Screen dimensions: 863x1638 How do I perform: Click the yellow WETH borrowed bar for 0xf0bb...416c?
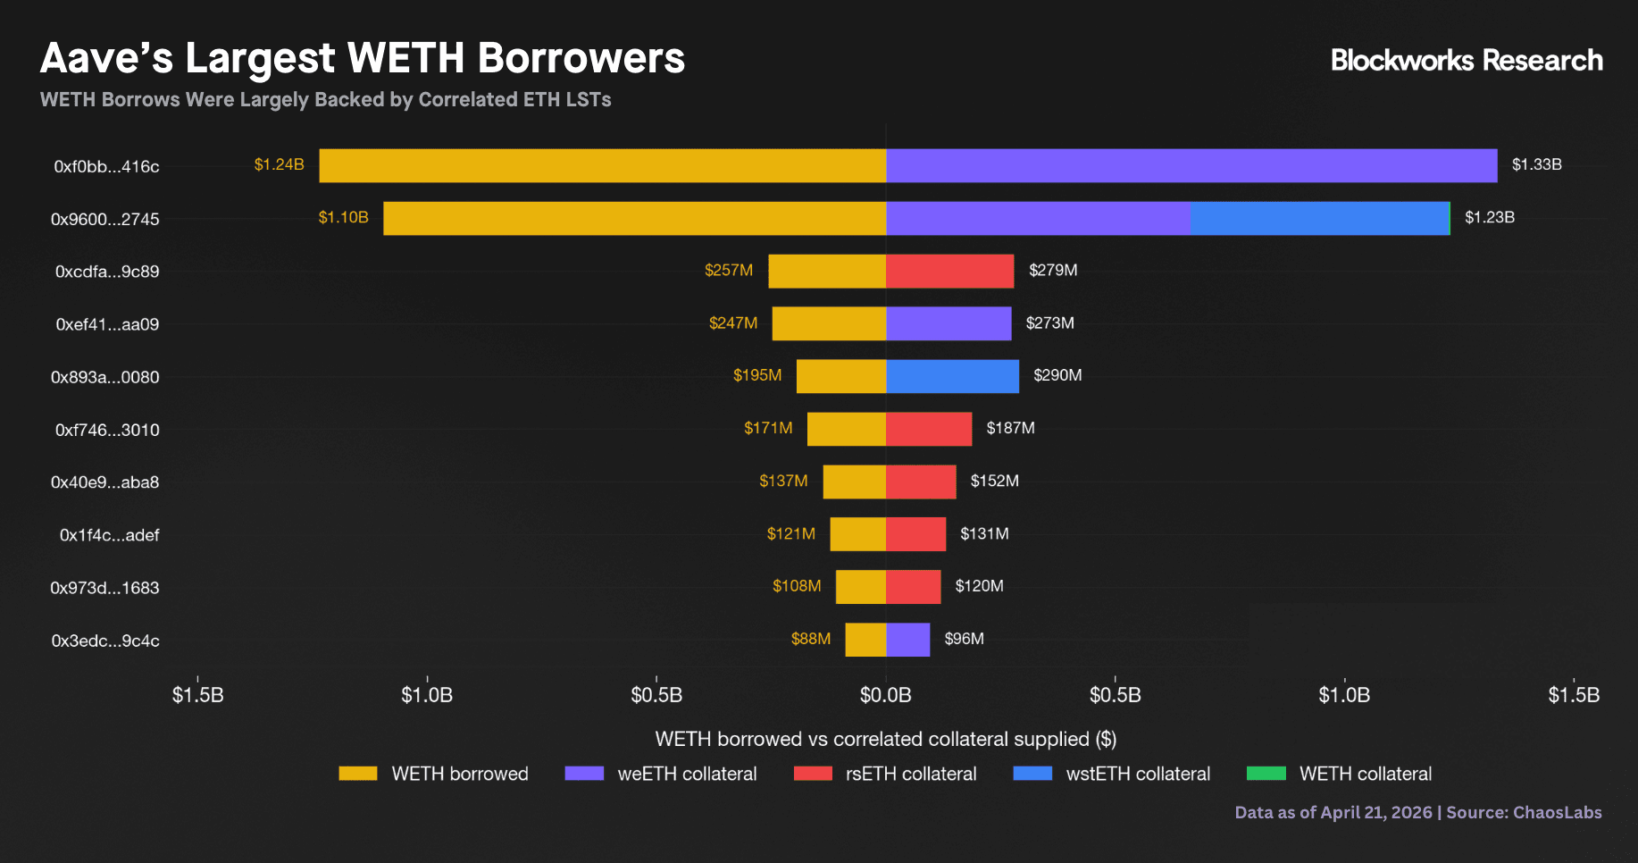click(603, 166)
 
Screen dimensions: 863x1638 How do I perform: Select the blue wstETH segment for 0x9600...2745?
click(1319, 219)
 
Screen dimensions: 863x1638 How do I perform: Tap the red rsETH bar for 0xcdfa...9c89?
click(949, 272)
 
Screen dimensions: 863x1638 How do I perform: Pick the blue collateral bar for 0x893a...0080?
click(952, 377)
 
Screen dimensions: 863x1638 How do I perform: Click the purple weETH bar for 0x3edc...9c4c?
click(907, 641)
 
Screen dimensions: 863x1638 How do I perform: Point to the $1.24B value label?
click(279, 164)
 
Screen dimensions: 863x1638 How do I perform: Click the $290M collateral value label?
click(1057, 375)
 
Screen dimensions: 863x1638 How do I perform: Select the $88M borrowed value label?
click(810, 639)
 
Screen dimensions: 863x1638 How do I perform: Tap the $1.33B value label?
click(1536, 164)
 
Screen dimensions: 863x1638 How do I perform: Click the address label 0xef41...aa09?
click(107, 324)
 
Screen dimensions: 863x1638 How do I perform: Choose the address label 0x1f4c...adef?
click(109, 535)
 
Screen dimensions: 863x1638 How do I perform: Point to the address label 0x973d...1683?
click(104, 588)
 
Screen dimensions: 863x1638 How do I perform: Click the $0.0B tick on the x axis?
click(885, 695)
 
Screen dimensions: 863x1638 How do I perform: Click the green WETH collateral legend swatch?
click(1266, 774)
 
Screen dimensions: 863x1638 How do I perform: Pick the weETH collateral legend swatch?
click(584, 774)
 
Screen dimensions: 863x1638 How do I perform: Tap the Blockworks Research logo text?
click(1467, 61)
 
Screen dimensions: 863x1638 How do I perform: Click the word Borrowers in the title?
click(581, 59)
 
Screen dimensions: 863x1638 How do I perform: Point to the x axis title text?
click(885, 739)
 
